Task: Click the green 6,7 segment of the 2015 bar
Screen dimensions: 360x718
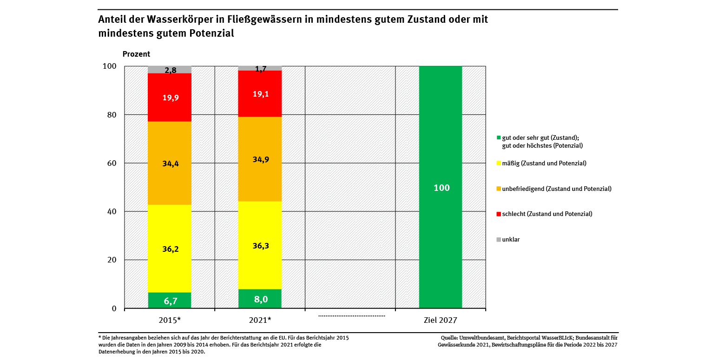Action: [x=170, y=301]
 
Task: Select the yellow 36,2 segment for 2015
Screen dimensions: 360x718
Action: [x=170, y=249]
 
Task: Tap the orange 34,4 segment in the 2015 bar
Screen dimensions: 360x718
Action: [x=170, y=163]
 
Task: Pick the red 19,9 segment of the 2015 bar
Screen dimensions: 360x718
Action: [x=170, y=97]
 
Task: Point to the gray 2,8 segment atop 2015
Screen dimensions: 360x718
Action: [x=170, y=70]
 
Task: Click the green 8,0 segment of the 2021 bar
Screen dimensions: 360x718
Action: [x=260, y=299]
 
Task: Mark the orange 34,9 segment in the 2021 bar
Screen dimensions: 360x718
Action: [x=260, y=159]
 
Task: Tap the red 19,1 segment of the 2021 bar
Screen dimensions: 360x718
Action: [x=260, y=93]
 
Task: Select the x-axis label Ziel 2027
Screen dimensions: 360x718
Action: [x=441, y=320]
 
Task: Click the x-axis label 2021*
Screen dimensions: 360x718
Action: [x=260, y=320]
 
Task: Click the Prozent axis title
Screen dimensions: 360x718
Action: [x=136, y=54]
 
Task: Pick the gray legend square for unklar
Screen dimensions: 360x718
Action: [x=499, y=240]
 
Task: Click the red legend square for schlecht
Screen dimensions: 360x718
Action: [x=499, y=214]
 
